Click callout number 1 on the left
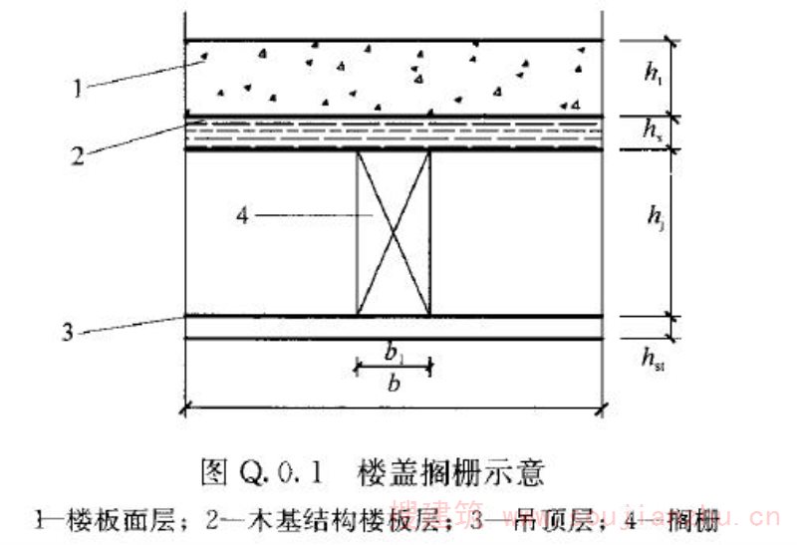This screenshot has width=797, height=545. pyautogui.click(x=77, y=89)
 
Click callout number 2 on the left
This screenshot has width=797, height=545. pyautogui.click(x=77, y=154)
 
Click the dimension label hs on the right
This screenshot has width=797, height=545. pyautogui.click(x=652, y=130)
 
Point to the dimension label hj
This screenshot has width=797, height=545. pyautogui.click(x=654, y=216)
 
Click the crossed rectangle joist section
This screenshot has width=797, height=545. pyautogui.click(x=394, y=232)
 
